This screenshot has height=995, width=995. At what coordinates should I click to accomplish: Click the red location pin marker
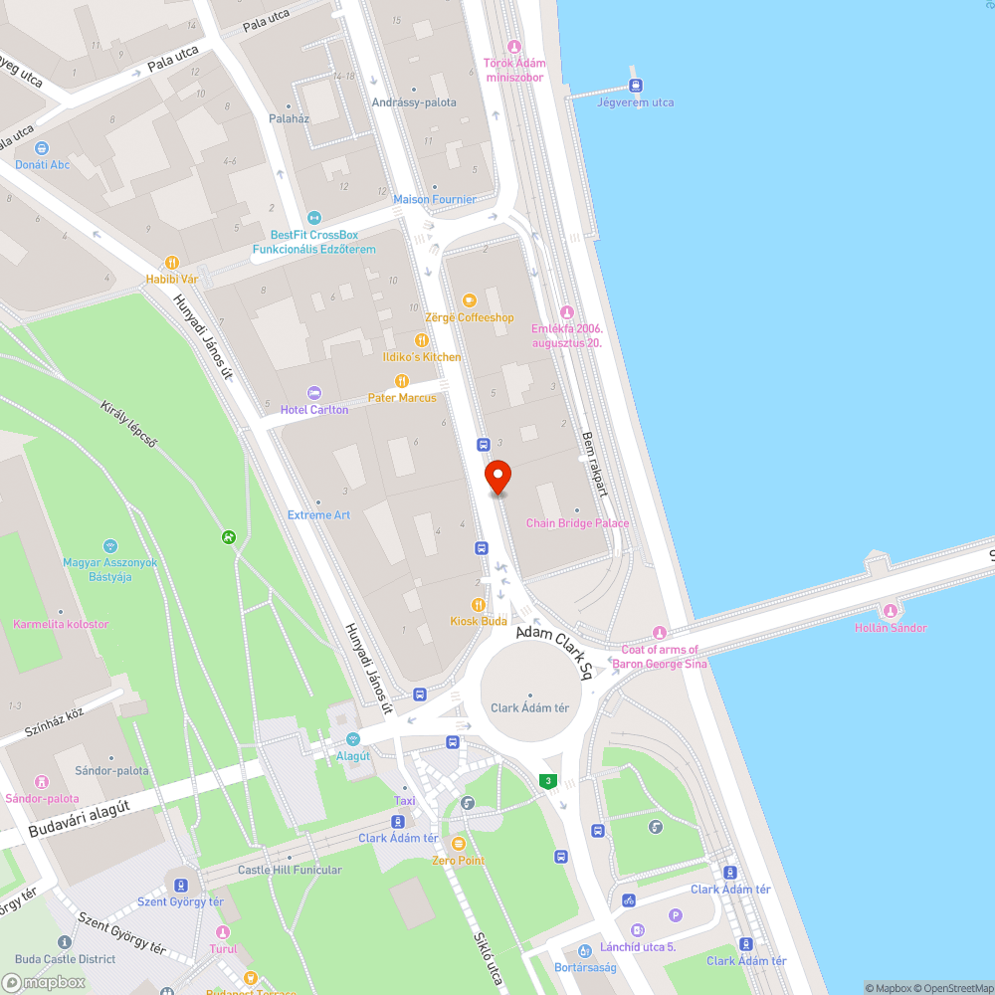pos(497,476)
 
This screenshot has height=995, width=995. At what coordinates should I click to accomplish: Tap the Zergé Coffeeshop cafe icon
pos(469,299)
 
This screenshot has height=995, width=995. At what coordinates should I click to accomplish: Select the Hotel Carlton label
pos(314,410)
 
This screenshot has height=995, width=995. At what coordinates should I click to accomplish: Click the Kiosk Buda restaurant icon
pos(479,604)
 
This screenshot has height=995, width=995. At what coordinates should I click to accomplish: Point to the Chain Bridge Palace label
pos(577,523)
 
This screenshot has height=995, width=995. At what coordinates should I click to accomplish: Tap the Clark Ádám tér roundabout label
pos(529,708)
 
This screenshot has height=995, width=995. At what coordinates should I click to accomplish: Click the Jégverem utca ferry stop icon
pos(635,86)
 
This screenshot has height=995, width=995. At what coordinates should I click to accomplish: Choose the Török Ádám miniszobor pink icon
pos(514,47)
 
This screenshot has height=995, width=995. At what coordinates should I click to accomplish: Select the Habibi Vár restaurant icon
pos(172,263)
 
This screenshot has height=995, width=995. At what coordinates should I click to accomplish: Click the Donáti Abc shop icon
pos(42,148)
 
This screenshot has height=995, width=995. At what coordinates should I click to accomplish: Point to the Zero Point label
pos(458,860)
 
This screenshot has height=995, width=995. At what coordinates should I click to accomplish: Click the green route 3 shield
pos(547,781)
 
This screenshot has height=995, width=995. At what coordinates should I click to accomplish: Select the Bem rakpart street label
pos(594,464)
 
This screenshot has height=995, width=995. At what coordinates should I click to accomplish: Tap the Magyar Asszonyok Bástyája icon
pos(109,546)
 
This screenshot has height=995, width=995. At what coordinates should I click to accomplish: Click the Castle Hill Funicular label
pos(290,870)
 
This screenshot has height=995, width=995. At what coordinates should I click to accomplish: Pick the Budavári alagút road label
pos(80,822)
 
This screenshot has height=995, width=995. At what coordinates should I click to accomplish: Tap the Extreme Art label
pos(318,515)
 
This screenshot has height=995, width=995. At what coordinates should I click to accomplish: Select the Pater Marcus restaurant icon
pos(402,381)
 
